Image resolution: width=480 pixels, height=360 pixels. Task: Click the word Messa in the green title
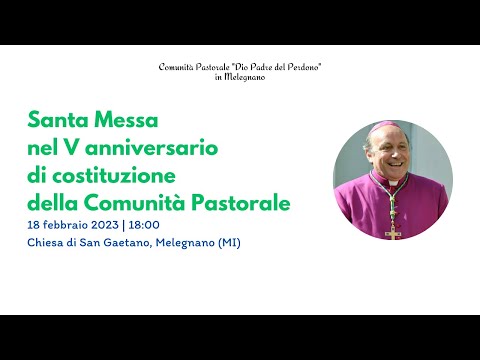click(126, 122)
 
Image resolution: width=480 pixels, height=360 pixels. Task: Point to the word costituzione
click(118, 176)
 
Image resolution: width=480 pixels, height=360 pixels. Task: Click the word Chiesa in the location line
click(46, 243)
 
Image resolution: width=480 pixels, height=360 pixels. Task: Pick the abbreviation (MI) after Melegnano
click(228, 243)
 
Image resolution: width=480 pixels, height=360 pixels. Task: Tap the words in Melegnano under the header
click(239, 77)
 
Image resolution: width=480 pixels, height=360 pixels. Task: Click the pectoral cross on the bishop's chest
click(393, 232)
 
